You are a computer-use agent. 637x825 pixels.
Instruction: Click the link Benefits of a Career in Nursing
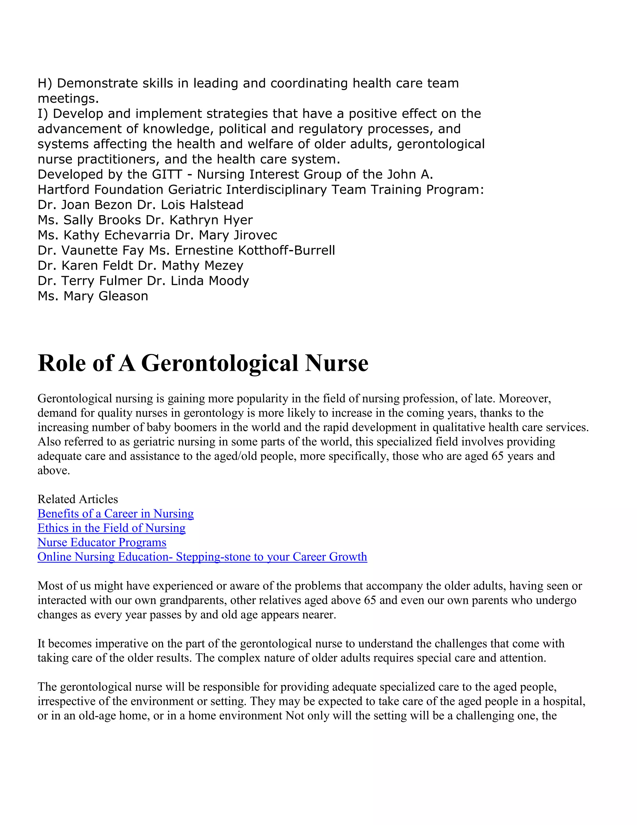115,514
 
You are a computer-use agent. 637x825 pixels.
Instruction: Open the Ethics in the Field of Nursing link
111,528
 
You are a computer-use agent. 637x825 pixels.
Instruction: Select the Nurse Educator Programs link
102,542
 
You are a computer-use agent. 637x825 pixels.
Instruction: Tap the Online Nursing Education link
202,557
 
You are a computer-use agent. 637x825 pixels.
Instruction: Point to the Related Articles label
78,499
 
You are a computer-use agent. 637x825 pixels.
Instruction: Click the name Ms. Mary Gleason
93,296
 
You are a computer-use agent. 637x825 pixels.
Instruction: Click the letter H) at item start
44,83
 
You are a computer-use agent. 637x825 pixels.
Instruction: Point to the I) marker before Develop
43,114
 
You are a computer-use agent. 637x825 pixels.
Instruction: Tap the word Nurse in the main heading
337,363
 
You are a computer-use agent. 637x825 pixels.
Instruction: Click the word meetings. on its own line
68,99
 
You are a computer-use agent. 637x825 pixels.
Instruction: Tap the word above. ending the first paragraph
53,471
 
